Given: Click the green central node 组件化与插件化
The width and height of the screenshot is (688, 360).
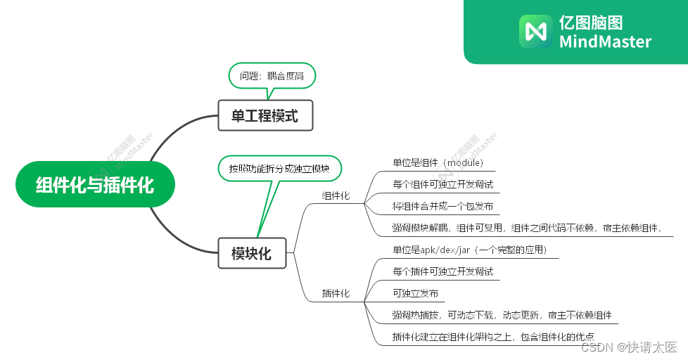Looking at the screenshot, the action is [94, 185].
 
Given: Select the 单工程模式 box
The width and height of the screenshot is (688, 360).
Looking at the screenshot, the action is [265, 116].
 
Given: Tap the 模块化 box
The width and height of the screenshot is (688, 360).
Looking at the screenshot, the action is [251, 254].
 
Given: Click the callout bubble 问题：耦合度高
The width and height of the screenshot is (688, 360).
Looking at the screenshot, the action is [272, 76].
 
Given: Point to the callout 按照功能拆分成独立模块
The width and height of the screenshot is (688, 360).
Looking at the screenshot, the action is [279, 169].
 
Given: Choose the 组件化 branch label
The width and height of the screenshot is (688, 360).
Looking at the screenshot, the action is [336, 195].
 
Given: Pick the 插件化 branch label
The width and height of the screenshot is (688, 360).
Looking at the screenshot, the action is [336, 293].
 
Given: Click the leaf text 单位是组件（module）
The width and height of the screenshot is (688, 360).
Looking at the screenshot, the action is [438, 162].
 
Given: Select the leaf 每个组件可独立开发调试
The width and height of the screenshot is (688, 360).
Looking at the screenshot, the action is [442, 184].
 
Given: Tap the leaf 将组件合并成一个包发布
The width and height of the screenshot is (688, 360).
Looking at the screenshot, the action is [442, 207].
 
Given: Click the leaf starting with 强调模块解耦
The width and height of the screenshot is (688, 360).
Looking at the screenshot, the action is [528, 228].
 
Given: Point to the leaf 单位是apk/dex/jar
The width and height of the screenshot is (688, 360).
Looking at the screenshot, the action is [469, 250].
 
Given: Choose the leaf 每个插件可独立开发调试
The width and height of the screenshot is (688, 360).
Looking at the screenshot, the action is [442, 271].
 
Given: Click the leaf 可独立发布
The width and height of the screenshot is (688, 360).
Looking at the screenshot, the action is [415, 293].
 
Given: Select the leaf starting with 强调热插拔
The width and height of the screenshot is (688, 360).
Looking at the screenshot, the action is [501, 315].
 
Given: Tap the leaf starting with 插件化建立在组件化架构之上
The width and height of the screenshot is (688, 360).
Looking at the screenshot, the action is [492, 337].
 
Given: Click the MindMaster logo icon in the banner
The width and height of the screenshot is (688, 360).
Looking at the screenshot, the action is [535, 32].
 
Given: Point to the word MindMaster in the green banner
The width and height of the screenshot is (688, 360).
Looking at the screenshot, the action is [605, 41].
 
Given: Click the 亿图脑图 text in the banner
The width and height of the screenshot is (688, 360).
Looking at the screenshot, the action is [591, 22].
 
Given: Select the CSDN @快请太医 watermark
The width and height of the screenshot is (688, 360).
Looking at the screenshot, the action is [629, 347].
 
